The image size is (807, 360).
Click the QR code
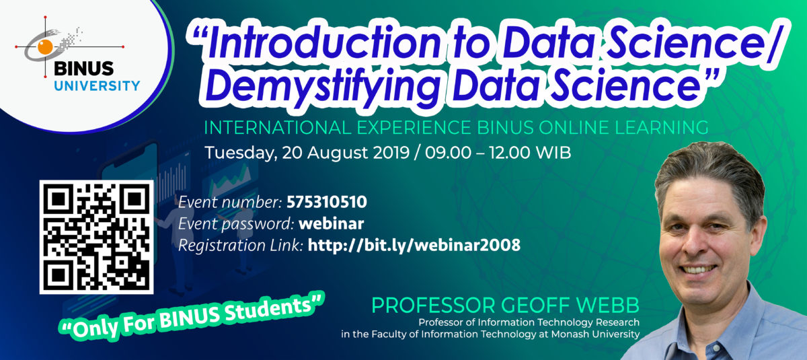(96, 237)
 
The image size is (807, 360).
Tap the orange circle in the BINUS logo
(45, 47)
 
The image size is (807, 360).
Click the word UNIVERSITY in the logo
(98, 85)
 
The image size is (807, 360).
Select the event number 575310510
(327, 202)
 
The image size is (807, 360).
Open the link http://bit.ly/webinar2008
(414, 245)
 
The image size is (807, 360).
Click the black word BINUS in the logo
(84, 69)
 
